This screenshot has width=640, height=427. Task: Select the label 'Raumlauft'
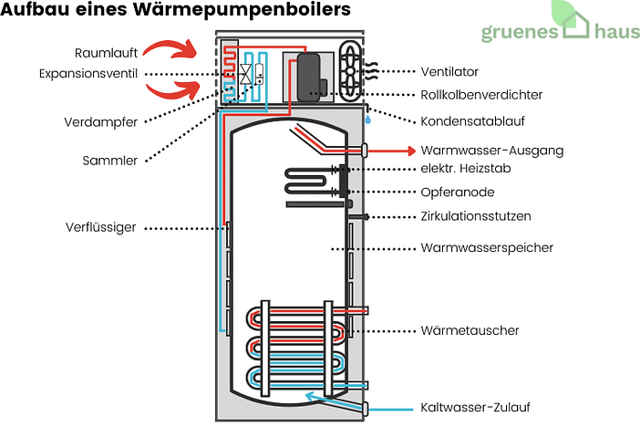pos(107,52)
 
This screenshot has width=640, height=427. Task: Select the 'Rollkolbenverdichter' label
pos(481,95)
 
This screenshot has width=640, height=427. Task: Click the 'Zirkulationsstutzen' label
pos(475,216)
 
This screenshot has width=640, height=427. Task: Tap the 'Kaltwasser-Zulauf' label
pos(475,407)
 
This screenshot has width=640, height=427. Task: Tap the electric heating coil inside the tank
pos(310,181)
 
